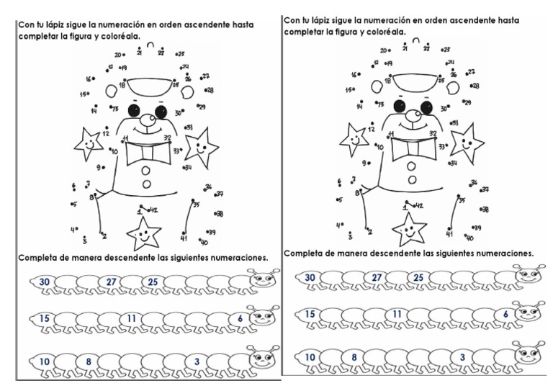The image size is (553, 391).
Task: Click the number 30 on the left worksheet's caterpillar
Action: (45, 282)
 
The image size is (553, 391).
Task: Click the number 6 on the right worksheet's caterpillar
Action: (506, 314)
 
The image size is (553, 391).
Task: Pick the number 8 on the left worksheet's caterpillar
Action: (89, 361)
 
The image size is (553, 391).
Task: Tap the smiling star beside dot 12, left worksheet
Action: (88, 143)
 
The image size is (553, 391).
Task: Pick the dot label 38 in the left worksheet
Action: (220, 214)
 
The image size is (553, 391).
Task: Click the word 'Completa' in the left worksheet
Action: (40, 258)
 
